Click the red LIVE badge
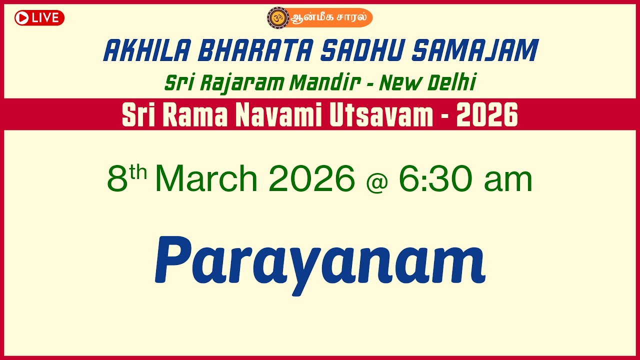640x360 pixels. tap(39, 18)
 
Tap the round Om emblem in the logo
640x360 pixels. tap(278, 17)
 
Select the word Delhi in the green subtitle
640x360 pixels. tap(451, 83)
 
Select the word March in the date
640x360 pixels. tap(206, 178)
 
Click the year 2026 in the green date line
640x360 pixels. tap(311, 178)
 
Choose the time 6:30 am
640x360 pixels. tap(465, 178)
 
